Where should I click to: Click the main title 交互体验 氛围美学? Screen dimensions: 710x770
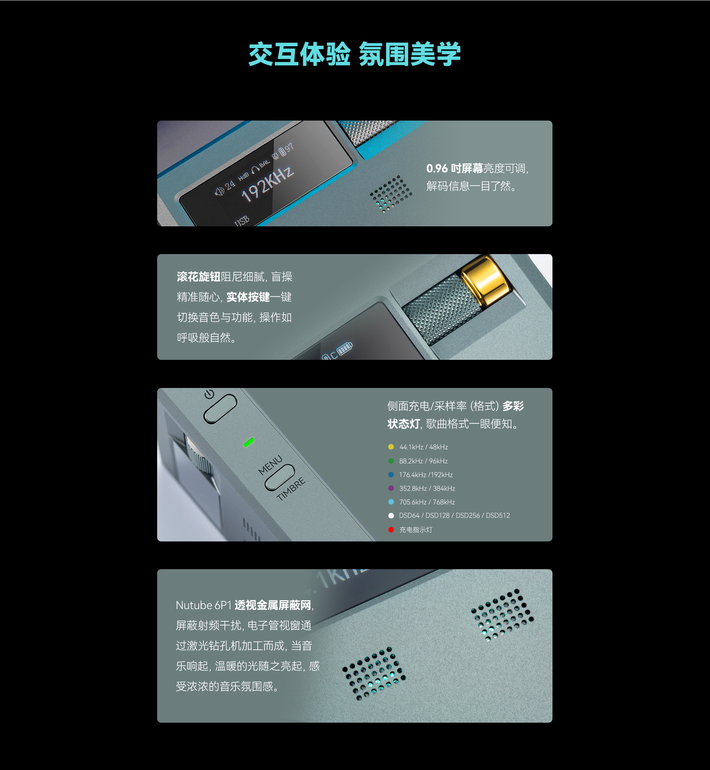click(354, 54)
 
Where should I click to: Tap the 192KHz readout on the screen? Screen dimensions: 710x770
click(267, 184)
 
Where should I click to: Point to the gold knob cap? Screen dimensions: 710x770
click(486, 281)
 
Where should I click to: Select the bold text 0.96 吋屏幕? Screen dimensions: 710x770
click(454, 168)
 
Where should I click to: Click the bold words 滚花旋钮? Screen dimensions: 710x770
click(199, 277)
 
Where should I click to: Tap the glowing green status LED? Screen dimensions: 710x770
click(249, 442)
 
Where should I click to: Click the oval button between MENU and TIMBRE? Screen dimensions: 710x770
click(280, 477)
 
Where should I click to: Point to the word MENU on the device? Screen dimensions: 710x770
click(270, 465)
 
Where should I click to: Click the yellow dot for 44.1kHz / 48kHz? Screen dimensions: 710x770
click(391, 447)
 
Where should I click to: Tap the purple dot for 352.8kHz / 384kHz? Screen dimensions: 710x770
click(391, 488)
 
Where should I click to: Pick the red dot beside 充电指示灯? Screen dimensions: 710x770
click(391, 530)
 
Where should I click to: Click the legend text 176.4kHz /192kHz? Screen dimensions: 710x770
click(426, 475)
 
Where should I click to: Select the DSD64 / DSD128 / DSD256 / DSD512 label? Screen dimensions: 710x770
click(454, 516)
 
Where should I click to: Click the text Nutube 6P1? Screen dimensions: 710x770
click(204, 605)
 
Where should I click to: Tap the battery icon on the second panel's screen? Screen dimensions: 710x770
click(345, 348)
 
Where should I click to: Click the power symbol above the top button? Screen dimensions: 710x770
click(209, 394)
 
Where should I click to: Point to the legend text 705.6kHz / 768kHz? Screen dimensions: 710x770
click(427, 502)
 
